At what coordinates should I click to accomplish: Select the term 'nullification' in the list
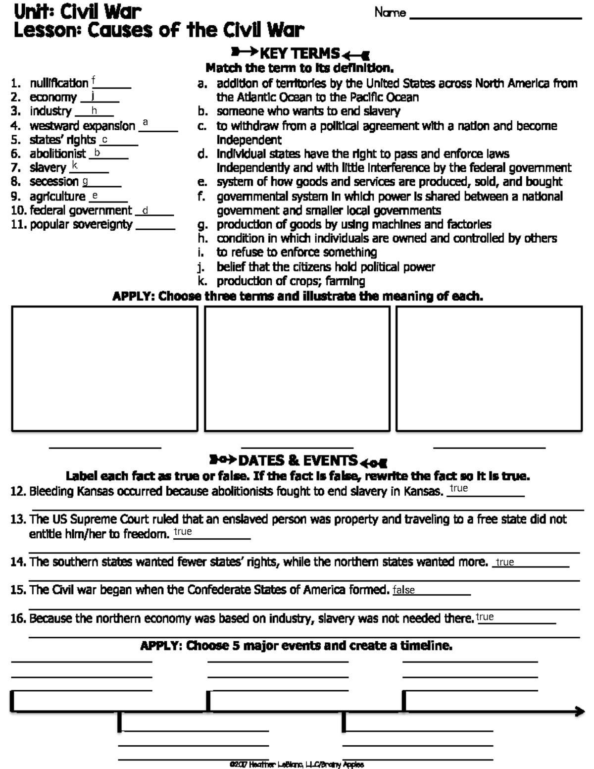(x=59, y=83)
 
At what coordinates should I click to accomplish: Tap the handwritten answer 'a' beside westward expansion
(x=145, y=122)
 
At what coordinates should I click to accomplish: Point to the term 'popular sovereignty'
(x=81, y=225)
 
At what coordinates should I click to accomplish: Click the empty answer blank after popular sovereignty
(x=155, y=227)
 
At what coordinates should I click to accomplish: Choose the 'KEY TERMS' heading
(x=299, y=53)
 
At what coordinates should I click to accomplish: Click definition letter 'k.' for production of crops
(x=201, y=282)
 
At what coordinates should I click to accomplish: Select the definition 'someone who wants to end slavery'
(x=308, y=111)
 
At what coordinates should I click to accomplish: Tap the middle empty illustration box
(x=297, y=368)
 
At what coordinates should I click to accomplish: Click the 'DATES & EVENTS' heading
(x=297, y=461)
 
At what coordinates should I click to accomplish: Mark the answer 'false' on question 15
(x=403, y=590)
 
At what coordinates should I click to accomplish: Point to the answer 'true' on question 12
(x=459, y=488)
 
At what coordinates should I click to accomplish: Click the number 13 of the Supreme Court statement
(x=18, y=519)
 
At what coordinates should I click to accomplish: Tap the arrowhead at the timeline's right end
(x=580, y=712)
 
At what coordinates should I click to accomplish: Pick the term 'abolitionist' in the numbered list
(x=57, y=154)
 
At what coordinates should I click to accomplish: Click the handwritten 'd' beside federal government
(x=145, y=211)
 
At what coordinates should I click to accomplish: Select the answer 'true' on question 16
(x=485, y=617)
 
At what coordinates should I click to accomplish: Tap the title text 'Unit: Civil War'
(x=78, y=11)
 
